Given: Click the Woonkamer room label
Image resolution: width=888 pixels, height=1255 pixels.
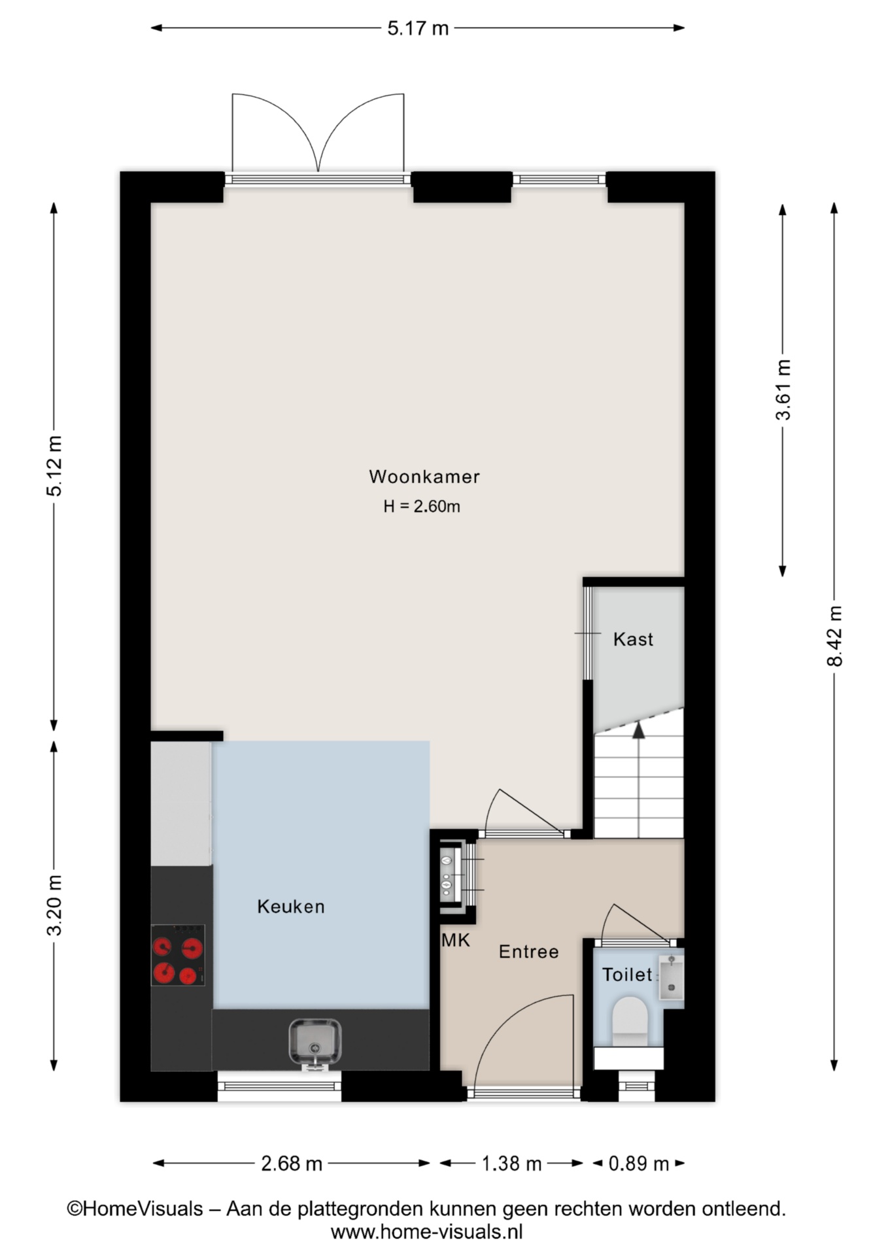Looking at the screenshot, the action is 424,477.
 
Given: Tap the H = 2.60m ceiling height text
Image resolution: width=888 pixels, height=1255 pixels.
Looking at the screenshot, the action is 422,506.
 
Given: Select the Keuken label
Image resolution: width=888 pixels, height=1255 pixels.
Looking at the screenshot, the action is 291,907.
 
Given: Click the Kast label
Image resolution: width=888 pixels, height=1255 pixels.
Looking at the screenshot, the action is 633,639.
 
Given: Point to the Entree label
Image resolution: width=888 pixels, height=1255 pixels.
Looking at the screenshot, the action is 528,952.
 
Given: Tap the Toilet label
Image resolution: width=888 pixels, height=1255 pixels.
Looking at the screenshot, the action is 627,975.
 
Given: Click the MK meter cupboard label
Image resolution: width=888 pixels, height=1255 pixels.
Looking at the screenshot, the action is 456,940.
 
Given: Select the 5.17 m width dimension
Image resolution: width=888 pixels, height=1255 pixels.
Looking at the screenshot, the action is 418,28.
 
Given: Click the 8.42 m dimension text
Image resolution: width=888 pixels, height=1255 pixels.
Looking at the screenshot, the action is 835,636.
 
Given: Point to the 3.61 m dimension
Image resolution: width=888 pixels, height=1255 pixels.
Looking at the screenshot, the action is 783,390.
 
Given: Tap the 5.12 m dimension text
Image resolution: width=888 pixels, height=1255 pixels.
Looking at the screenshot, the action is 55,466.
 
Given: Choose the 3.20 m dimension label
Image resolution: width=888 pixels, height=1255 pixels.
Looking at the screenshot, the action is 55,905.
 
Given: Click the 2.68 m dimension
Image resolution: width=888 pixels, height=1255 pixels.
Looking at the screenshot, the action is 292,1163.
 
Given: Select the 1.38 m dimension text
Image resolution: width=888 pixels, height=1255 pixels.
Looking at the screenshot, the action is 511,1163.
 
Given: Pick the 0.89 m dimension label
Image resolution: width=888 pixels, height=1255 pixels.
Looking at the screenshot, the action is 639,1163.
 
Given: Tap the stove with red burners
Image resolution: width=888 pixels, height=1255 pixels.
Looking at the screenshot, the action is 178,955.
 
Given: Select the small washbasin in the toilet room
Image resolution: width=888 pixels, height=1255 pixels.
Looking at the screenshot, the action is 671,977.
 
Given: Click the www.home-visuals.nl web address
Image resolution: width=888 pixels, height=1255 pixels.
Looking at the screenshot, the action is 427,1232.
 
